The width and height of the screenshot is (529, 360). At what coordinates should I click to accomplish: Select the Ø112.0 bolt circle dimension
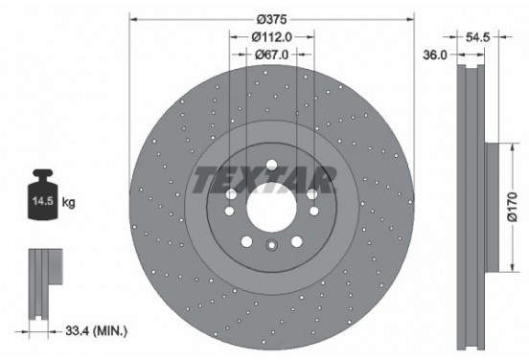[x=272, y=37]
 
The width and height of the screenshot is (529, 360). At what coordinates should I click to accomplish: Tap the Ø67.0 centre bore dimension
[x=272, y=56]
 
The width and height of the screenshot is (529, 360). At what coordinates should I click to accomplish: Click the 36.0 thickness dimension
[x=436, y=56]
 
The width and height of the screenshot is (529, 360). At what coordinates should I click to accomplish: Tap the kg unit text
[x=69, y=204]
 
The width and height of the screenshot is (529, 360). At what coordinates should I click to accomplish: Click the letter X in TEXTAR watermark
[x=246, y=178]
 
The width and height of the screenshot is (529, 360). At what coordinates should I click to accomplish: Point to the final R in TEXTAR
[x=323, y=178]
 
